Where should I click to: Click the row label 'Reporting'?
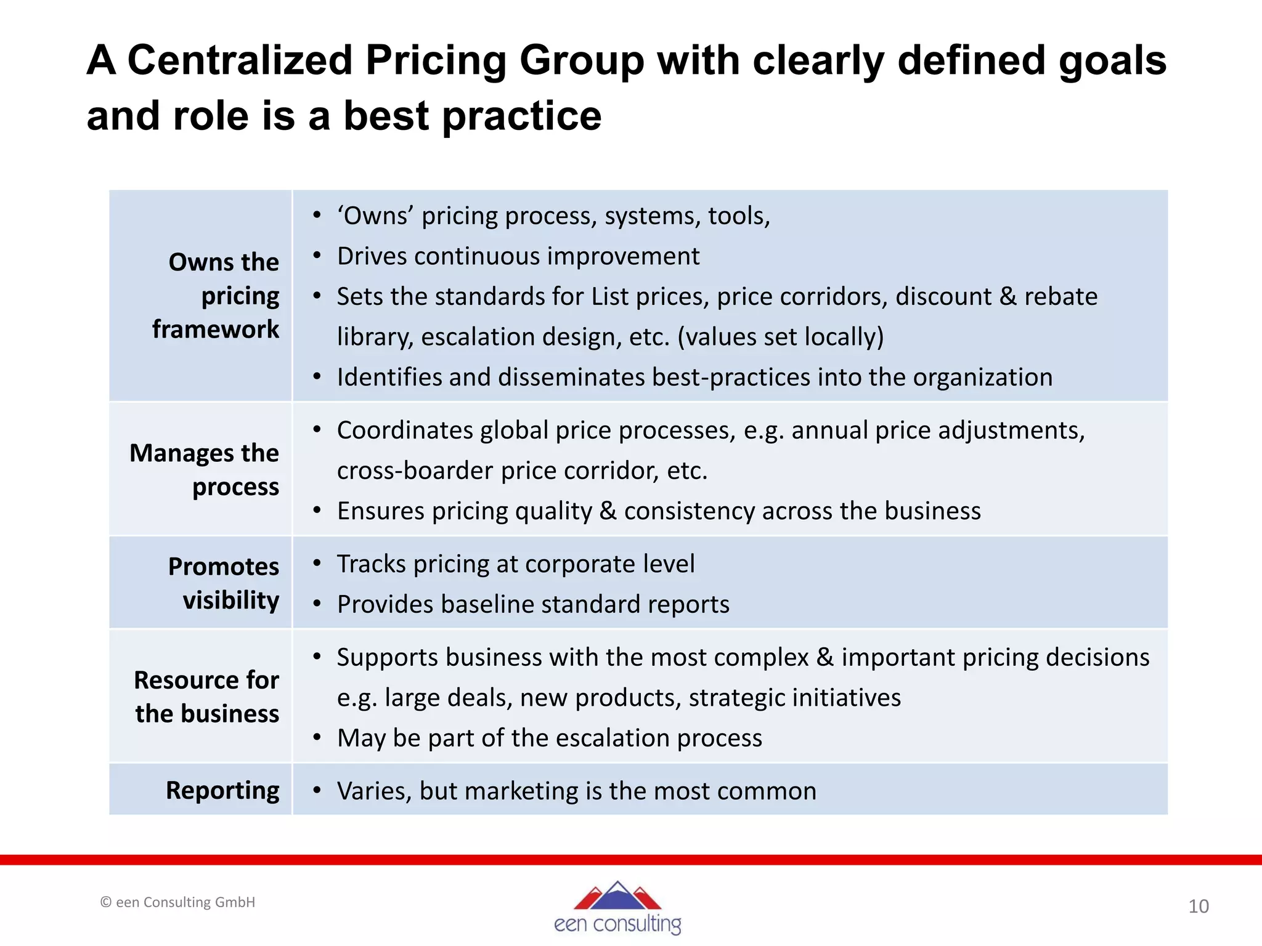tap(222, 790)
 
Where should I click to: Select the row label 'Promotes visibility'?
tap(224, 583)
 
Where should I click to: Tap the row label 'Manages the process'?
tap(205, 469)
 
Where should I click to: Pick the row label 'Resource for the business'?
tap(206, 697)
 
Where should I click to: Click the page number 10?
tap(1198, 906)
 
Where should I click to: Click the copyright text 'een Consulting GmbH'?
tap(178, 902)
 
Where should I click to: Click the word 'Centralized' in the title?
tap(239, 61)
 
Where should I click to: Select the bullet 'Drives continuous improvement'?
tap(518, 256)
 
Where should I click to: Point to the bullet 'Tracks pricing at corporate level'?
tap(515, 564)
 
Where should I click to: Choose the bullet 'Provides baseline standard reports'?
tap(533, 604)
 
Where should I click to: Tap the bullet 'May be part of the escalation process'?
tap(549, 738)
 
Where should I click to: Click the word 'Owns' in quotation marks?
tap(375, 216)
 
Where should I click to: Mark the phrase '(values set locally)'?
tap(780, 337)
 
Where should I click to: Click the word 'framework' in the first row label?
tap(216, 329)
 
